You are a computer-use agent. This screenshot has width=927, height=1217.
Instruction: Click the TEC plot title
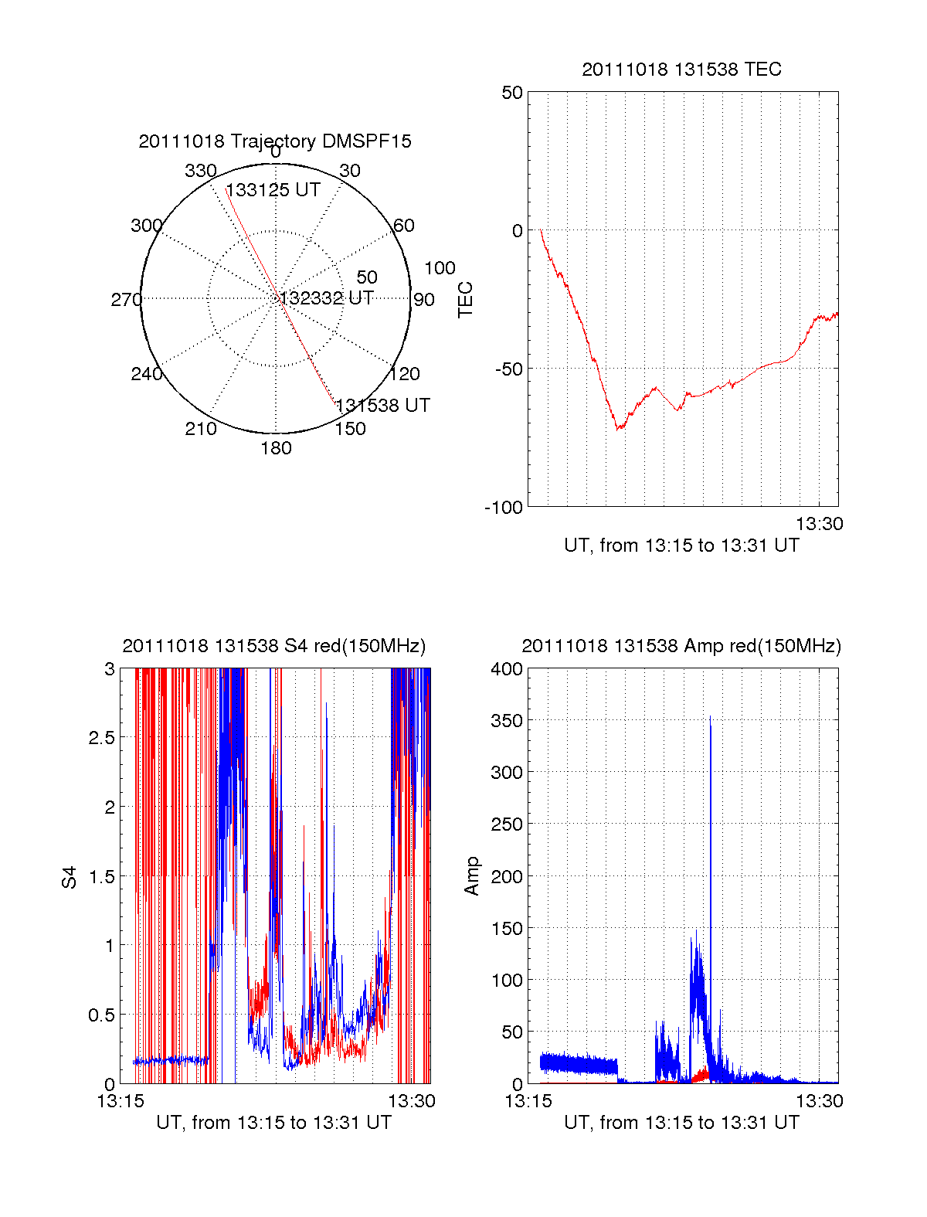[681, 70]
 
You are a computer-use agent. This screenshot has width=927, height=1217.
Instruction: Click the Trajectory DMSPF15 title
[275, 141]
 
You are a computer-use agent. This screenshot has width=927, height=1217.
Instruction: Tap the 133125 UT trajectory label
[273, 190]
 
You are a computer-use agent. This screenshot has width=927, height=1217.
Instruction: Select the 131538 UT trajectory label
[383, 406]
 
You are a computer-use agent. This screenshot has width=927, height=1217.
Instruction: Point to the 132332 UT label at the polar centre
[327, 298]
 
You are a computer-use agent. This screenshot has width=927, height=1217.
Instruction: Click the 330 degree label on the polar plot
[200, 171]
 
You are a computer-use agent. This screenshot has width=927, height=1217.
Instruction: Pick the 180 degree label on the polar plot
[276, 448]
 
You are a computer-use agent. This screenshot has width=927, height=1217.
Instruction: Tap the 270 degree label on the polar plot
[126, 300]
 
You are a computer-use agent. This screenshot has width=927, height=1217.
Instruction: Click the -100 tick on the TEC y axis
[504, 508]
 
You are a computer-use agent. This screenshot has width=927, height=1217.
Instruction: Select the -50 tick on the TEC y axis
[509, 369]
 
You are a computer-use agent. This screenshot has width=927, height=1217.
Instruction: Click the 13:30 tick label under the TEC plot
[820, 524]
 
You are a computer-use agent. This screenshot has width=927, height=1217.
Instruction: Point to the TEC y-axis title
[465, 300]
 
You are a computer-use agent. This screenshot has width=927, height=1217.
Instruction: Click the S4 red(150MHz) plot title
[274, 646]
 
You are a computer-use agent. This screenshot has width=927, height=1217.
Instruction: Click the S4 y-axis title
[70, 877]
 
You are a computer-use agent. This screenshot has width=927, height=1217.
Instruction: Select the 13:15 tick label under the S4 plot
[121, 1101]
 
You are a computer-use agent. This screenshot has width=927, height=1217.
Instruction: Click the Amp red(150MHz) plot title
[681, 646]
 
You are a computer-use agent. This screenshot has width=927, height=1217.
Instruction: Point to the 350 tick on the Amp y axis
[507, 720]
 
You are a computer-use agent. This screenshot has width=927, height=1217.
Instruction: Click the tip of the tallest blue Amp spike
[710, 716]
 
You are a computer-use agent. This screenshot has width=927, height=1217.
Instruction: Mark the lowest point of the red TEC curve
[617, 429]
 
